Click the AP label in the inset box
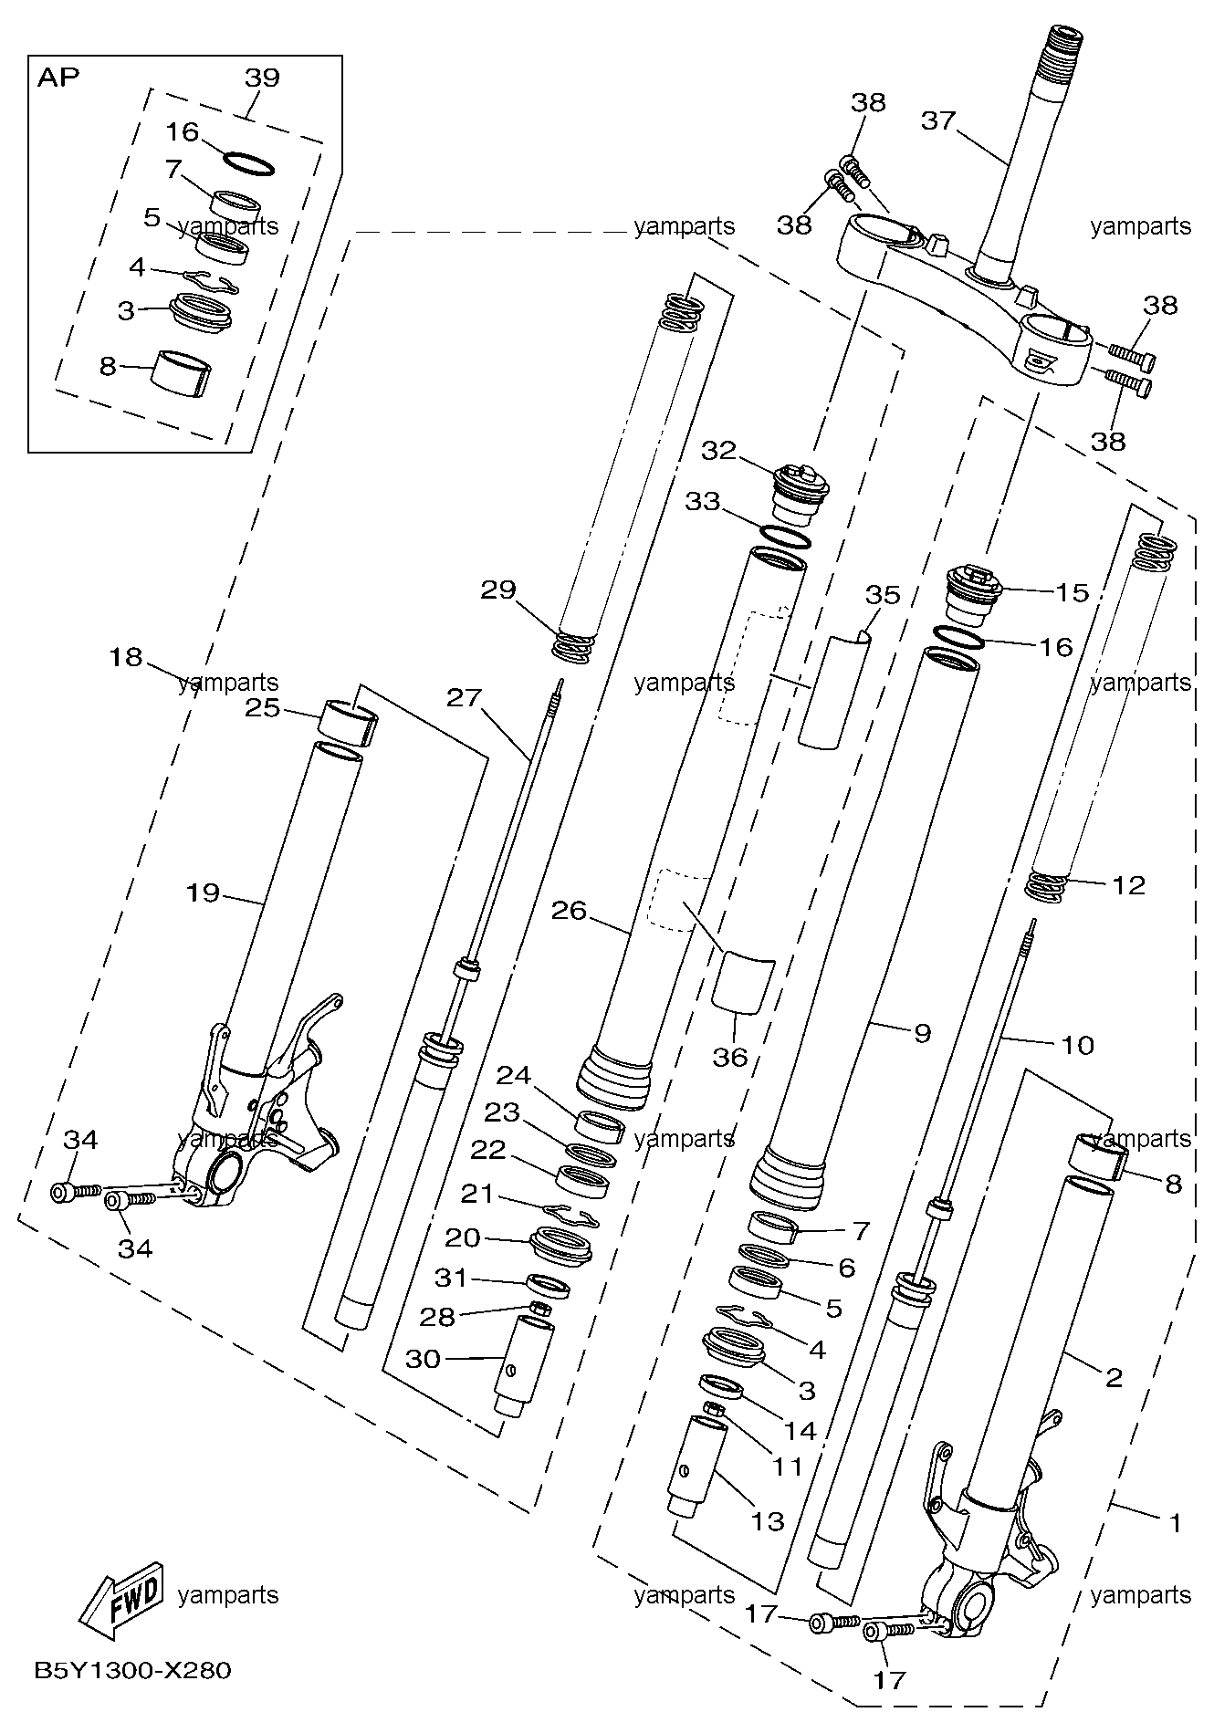(x=58, y=77)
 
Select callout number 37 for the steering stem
(x=937, y=120)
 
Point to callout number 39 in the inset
(x=262, y=77)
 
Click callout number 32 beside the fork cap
(x=718, y=451)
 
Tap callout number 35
(x=883, y=595)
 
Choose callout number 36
(x=729, y=1057)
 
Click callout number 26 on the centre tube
(x=570, y=911)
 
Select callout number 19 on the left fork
(x=203, y=892)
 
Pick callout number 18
(x=127, y=656)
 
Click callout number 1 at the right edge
(x=1177, y=1522)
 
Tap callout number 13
(x=768, y=1520)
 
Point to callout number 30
(x=423, y=1359)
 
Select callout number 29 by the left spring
(x=498, y=590)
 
